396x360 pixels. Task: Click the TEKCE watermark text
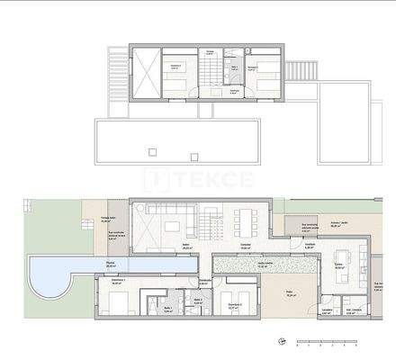(197, 179)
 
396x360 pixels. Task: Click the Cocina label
(340, 265)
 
